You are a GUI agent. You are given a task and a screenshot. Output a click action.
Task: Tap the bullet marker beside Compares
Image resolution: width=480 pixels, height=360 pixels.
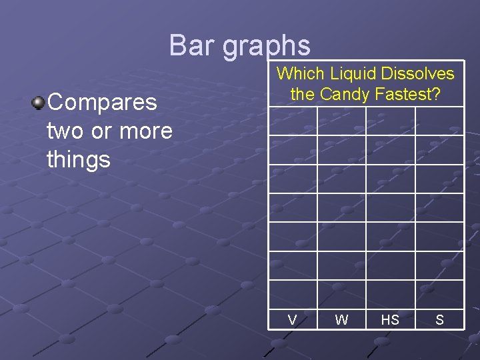point(39,103)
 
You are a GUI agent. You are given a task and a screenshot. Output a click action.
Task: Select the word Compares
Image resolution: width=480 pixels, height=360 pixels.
point(103,103)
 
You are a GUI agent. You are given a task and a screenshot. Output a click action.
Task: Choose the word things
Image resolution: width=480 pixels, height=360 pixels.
point(79,159)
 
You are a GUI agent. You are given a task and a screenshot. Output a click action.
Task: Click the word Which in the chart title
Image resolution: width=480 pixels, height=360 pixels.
point(299,74)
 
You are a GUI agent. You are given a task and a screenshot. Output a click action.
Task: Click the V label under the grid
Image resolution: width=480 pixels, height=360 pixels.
point(292,320)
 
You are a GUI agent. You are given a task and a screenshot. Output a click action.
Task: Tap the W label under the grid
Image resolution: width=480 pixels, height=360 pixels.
point(341,320)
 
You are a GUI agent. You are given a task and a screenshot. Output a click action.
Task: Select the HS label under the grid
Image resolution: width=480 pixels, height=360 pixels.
point(390,320)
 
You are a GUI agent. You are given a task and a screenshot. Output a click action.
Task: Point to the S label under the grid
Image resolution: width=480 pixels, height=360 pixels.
point(439,320)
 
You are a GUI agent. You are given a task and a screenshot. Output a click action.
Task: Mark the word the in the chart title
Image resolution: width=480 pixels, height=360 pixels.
point(303,95)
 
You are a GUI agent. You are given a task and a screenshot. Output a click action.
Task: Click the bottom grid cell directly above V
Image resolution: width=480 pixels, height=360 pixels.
point(293,294)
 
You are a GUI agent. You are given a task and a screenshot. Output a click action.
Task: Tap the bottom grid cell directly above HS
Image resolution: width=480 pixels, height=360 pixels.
point(390,294)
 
